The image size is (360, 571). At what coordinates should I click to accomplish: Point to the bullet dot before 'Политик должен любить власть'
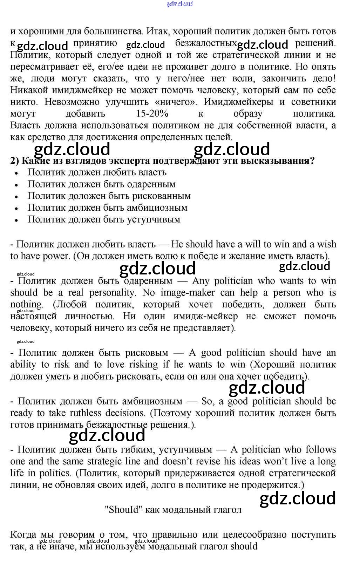pyautogui.click(x=16, y=173)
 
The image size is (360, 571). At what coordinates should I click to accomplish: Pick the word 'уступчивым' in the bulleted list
pyautogui.click(x=157, y=219)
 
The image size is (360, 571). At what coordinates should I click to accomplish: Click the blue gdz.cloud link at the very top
pyautogui.click(x=180, y=4)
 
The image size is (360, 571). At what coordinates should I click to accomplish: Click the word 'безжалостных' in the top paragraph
pyautogui.click(x=206, y=43)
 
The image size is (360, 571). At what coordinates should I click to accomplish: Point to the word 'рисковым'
pyautogui.click(x=147, y=353)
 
